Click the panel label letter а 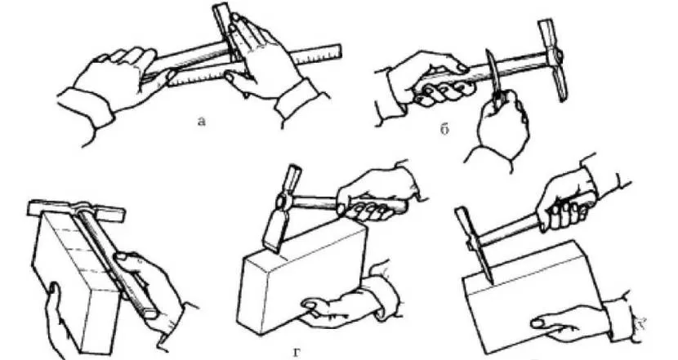pos(201,122)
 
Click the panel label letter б pos(444,128)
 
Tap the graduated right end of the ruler pos(333,51)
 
